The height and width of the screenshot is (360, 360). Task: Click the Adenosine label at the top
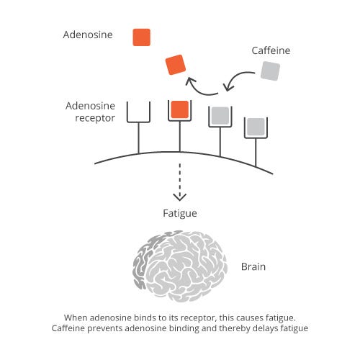88,35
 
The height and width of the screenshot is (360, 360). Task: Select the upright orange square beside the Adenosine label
142,37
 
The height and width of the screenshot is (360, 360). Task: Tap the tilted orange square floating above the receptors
176,65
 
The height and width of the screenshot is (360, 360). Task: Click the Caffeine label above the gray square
271,50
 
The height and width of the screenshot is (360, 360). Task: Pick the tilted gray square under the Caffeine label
270,71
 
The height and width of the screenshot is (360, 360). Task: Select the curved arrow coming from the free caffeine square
237,79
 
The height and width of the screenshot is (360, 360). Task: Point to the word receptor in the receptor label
95,118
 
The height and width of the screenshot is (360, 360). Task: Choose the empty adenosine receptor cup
138,112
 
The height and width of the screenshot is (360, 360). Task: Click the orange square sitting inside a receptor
180,109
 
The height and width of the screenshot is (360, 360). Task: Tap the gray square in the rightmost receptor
256,127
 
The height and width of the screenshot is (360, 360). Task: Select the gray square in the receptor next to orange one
220,116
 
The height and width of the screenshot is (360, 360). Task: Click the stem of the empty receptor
138,138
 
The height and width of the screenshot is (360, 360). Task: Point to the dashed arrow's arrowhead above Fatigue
180,197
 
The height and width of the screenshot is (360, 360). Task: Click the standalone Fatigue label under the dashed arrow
180,213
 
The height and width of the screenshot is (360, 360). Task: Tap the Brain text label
253,266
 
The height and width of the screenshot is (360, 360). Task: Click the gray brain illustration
180,266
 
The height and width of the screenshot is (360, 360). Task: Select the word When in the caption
76,318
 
